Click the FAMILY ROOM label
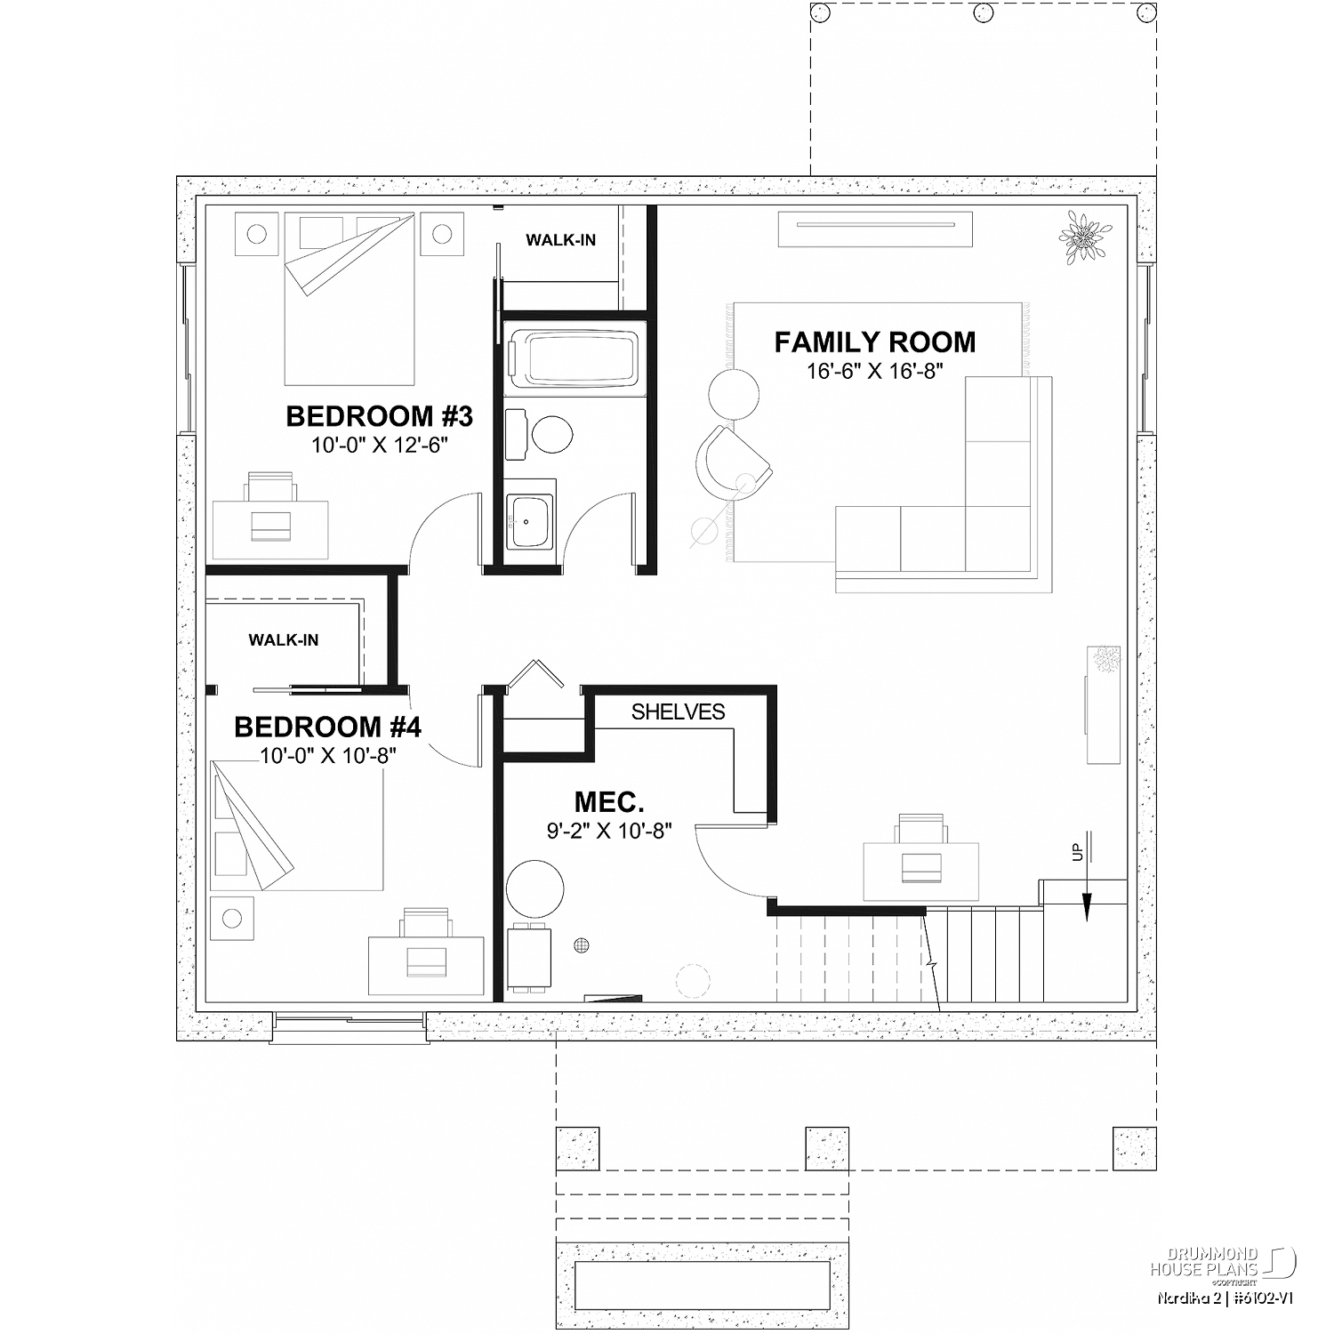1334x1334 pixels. tap(875, 342)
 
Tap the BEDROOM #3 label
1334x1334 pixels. tap(379, 415)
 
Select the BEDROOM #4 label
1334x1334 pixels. tap(327, 727)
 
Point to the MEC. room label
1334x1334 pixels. tap(609, 802)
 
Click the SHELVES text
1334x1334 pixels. tap(679, 711)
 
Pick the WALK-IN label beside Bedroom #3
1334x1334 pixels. tap(560, 240)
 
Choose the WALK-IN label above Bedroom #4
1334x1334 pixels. tap(284, 639)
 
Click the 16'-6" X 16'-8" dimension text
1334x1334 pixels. tap(874, 371)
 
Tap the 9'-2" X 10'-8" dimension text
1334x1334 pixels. tap(609, 832)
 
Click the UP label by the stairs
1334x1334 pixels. tap(1078, 852)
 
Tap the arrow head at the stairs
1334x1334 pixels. tap(1087, 910)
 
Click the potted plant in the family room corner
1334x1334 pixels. tap(1084, 237)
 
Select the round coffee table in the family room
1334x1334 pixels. tap(735, 392)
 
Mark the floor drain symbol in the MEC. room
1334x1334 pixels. tap(583, 945)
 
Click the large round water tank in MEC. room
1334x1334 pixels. tap(535, 888)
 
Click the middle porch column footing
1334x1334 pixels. tap(827, 1149)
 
